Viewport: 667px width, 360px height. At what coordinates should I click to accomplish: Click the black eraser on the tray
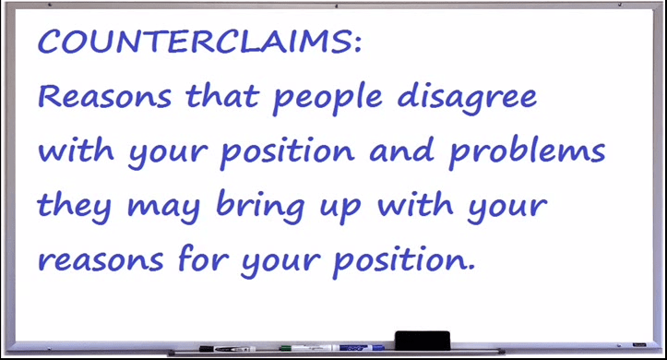click(423, 339)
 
